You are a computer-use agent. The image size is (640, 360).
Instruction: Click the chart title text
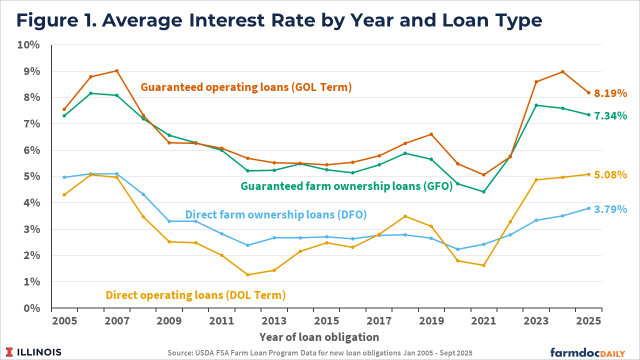(279, 20)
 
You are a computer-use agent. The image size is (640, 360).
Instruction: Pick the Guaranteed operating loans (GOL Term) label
(246, 87)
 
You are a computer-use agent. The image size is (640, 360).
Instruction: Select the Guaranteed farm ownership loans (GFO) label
(346, 186)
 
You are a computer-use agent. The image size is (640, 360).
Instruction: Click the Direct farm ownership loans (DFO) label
(276, 215)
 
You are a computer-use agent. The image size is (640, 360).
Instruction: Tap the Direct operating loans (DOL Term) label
(195, 295)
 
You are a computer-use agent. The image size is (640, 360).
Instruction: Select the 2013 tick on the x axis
(274, 321)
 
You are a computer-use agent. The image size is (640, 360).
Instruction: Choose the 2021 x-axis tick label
(483, 321)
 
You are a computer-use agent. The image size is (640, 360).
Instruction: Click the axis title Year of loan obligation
(319, 336)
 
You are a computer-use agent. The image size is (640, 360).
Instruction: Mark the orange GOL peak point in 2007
(116, 71)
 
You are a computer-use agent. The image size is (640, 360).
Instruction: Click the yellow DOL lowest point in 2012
(247, 274)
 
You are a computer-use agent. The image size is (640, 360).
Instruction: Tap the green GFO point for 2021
(483, 191)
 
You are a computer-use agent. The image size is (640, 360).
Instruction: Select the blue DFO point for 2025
(588, 208)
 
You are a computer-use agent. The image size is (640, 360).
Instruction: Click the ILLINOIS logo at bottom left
(34, 352)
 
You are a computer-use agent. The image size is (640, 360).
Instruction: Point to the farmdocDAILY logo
(587, 352)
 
